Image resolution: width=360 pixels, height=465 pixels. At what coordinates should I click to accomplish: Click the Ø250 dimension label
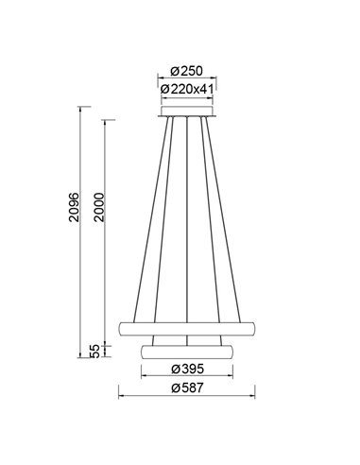pyautogui.click(x=189, y=70)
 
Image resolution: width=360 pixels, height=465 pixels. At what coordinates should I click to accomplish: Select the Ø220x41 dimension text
pyautogui.click(x=189, y=90)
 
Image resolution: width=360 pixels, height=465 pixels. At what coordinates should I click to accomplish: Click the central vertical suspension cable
pyautogui.click(x=189, y=217)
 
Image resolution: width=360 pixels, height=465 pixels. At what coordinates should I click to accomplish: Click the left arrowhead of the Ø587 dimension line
pyautogui.click(x=120, y=396)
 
